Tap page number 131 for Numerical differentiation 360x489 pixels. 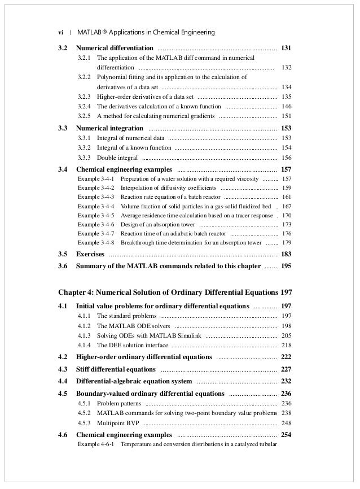[286, 48]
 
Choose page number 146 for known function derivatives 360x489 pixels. [286, 106]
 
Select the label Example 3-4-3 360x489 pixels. [96, 197]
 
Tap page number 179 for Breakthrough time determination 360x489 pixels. [286, 243]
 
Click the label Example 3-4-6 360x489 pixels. [96, 224]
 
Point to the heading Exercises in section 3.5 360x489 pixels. [90, 254]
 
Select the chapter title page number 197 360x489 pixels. [286, 293]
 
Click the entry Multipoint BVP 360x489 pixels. [118, 423]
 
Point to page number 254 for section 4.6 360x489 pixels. [286, 435]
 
